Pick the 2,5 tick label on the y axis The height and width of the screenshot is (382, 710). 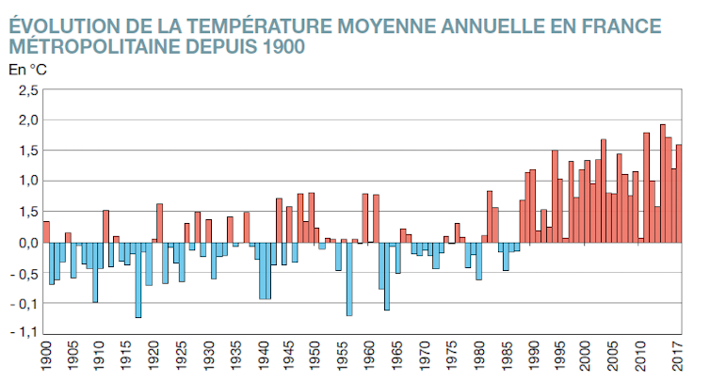click(27, 91)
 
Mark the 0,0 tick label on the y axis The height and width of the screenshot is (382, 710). click(27, 242)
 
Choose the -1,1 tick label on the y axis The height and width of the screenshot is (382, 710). click(25, 332)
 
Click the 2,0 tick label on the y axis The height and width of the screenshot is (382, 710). click(27, 121)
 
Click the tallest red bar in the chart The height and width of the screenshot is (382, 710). click(663, 183)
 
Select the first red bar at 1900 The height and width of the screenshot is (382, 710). click(46, 231)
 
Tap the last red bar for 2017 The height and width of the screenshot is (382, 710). click(679, 194)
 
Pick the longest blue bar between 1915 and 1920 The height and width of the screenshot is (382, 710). click(138, 279)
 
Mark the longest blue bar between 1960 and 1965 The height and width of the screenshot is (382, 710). click(387, 276)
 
